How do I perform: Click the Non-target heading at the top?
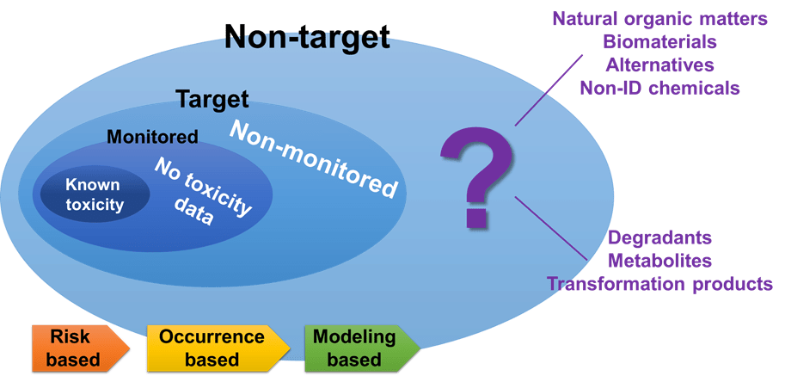(x=307, y=36)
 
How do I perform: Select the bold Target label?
(x=212, y=99)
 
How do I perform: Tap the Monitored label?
(x=152, y=137)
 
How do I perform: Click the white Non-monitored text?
(x=316, y=159)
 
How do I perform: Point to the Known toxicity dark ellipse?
(x=94, y=195)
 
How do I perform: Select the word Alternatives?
(x=659, y=65)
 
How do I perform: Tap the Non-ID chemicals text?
(x=659, y=88)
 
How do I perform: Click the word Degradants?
(x=659, y=237)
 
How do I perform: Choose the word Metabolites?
(x=659, y=260)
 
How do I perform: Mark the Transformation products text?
(x=659, y=283)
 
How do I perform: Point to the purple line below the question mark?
(x=550, y=227)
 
